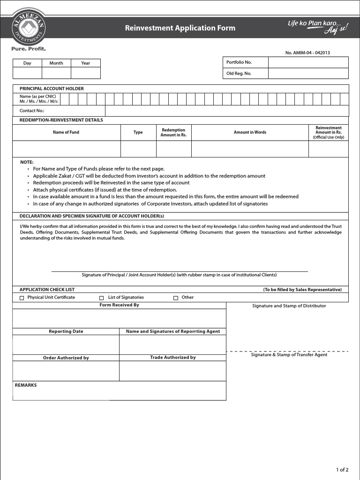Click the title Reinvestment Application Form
coord(180,28)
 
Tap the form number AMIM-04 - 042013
coord(307,52)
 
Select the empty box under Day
coord(27,73)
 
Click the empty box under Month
coord(56,73)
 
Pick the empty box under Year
coord(85,73)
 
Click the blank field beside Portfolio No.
coord(308,62)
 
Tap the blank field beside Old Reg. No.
coord(308,74)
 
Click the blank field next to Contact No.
coord(227,111)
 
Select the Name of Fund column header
coord(66,132)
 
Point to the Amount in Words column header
coord(250,132)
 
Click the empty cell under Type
coord(138,149)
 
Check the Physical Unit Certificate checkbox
coord(22,298)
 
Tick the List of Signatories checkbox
coord(101,298)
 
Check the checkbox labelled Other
coord(176,298)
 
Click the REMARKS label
coord(26,385)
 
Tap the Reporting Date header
coord(66,331)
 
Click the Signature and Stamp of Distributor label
coord(289,306)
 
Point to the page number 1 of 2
coord(342,470)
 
